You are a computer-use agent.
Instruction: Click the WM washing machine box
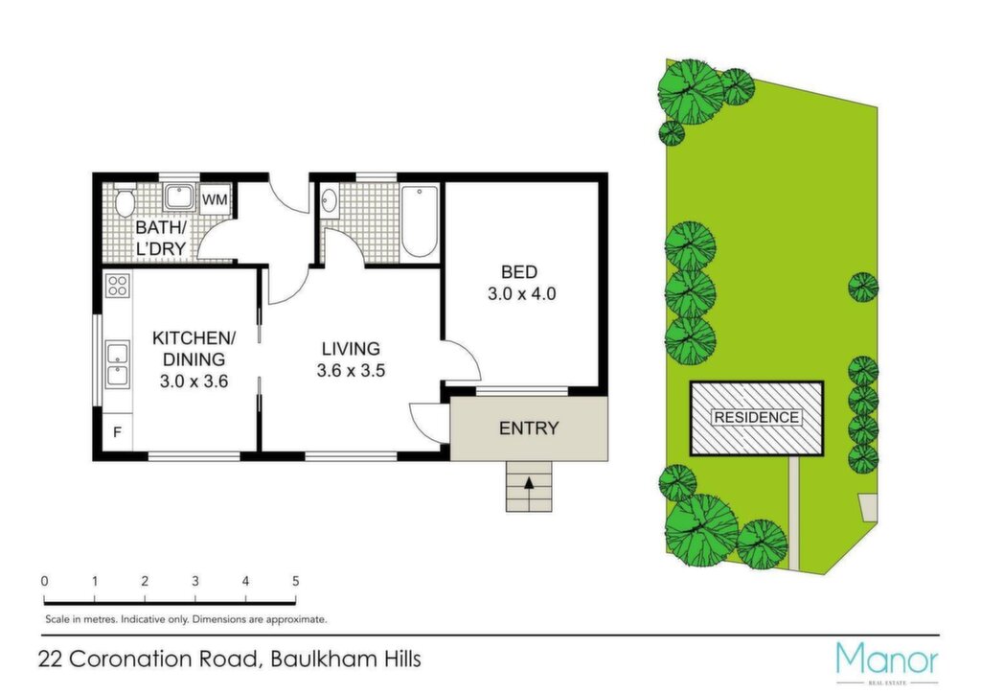point(216,199)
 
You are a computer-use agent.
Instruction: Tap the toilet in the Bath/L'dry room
point(125,200)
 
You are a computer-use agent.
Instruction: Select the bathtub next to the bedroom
point(420,221)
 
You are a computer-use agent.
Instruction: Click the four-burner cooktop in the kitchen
point(118,286)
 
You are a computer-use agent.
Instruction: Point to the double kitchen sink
point(118,364)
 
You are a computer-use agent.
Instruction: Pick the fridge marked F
point(118,431)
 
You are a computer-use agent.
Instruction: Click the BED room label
point(518,272)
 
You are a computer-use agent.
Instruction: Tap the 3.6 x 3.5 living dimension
point(351,370)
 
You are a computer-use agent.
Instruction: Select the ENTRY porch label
point(529,428)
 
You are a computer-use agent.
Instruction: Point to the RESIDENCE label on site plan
point(757,417)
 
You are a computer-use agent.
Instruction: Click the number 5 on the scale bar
point(295,581)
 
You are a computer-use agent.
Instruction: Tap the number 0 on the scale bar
point(44,581)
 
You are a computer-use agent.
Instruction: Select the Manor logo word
point(887,659)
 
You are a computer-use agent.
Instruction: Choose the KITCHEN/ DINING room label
point(194,349)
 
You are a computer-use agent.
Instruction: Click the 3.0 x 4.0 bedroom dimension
point(521,293)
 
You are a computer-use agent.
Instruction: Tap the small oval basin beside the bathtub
point(330,201)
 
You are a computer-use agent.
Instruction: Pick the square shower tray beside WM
point(179,197)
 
